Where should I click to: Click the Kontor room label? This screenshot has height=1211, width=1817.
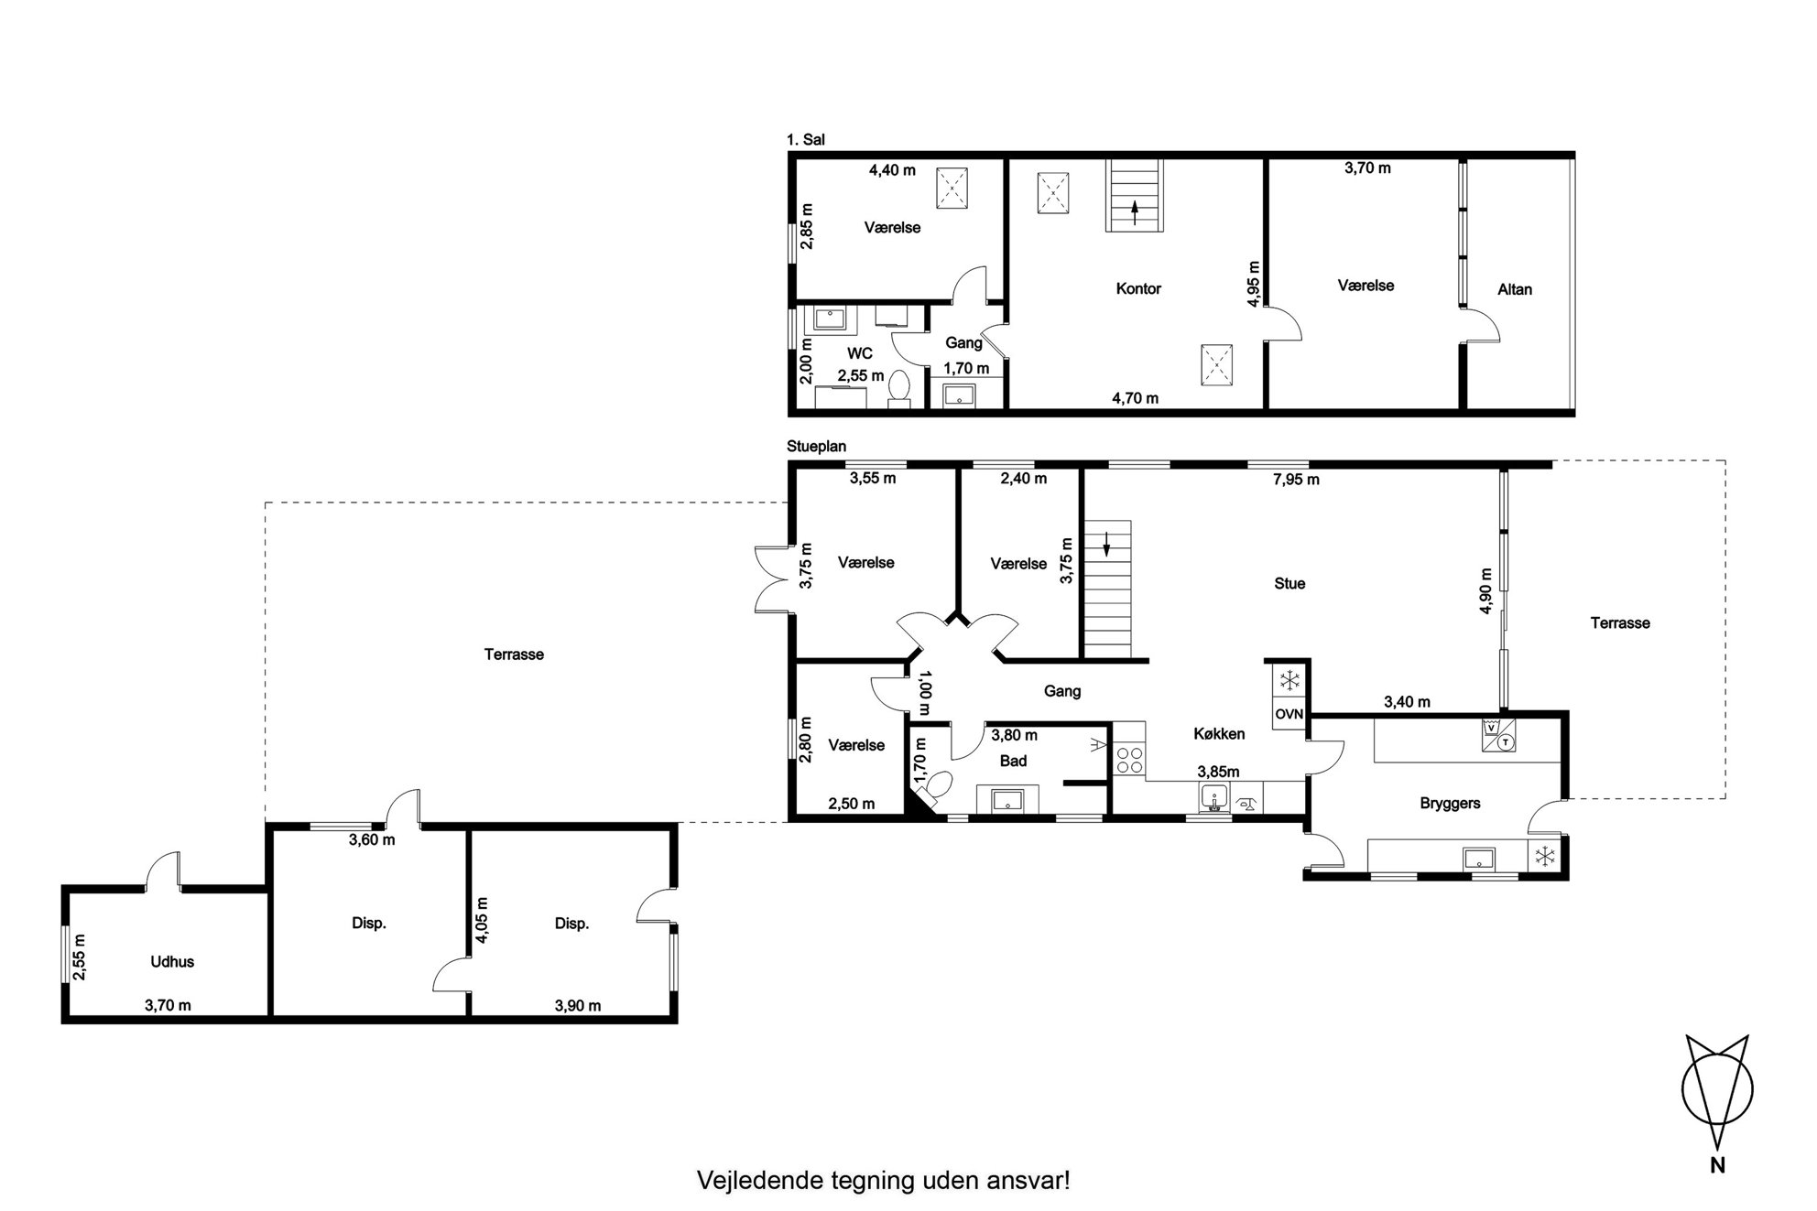pos(1138,289)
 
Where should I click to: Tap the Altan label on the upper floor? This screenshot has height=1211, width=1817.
pos(1515,289)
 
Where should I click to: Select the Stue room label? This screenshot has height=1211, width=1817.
pos(1289,584)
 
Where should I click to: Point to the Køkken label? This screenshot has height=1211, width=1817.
pos(1219,734)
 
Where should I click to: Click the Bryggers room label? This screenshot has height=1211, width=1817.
pos(1451,804)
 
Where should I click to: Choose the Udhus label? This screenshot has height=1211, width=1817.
pos(172,962)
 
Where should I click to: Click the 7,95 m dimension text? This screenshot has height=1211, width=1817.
pos(1296,480)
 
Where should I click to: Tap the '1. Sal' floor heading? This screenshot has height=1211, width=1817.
pos(806,140)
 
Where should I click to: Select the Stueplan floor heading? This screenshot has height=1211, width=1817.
pos(817,447)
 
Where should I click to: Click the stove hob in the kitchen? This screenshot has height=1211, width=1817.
pos(1128,761)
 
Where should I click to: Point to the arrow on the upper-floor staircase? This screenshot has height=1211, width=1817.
pos(1135,213)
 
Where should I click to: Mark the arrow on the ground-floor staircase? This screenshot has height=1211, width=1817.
pos(1106,544)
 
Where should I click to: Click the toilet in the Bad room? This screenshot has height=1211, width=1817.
pos(936,788)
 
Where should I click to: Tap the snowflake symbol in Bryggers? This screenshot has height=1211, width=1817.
pos(1546,857)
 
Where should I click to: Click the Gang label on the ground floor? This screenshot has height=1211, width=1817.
pos(1062,692)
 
